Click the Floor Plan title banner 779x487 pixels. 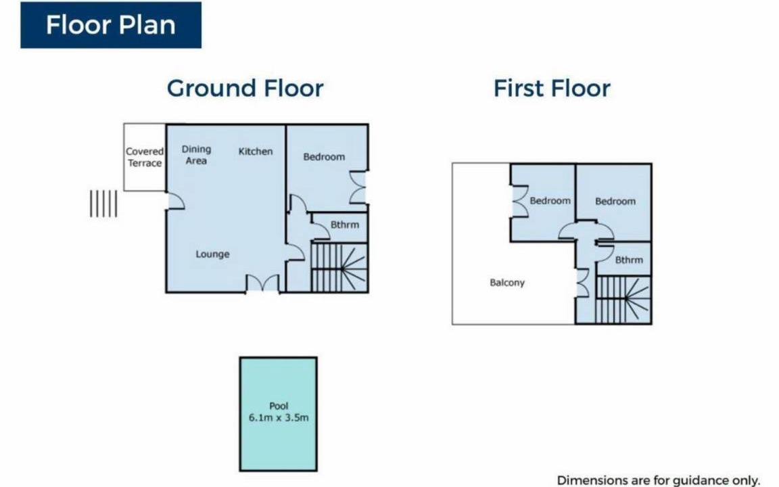tap(111, 25)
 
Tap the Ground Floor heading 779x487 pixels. tap(245, 89)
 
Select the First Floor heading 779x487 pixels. tap(552, 89)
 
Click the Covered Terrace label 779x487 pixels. tap(145, 157)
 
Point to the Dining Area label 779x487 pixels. tap(196, 154)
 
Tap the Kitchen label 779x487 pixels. tap(256, 152)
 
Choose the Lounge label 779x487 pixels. tap(212, 254)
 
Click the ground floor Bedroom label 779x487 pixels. tap(324, 156)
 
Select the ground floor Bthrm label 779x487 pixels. tap(345, 225)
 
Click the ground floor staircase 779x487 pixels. tap(339, 267)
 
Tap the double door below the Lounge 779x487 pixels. tap(263, 283)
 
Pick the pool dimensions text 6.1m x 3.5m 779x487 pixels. tap(279, 417)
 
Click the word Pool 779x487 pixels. tap(279, 406)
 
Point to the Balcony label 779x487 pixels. tap(507, 283)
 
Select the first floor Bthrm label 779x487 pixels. tap(629, 260)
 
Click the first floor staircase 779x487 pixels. tap(623, 300)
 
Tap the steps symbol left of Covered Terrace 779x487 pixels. tap(103, 204)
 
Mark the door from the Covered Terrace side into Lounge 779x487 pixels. tap(176, 201)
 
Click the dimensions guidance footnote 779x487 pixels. tap(658, 480)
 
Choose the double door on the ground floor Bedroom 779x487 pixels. tap(358, 187)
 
